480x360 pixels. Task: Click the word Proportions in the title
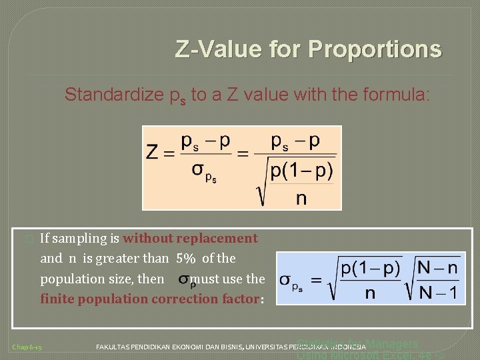point(375,49)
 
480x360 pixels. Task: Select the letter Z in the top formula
point(153,153)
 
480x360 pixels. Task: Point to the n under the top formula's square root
point(301,198)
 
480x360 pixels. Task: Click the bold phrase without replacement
point(190,238)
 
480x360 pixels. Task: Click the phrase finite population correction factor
point(149,299)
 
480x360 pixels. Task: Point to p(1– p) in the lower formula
point(370,269)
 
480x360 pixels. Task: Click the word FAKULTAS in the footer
point(116,347)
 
